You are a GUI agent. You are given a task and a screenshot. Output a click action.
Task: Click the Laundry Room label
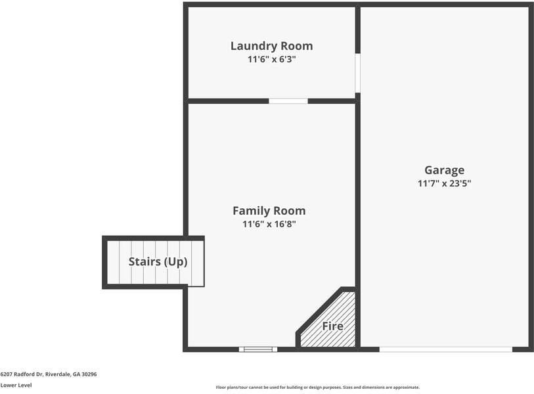(x=271, y=46)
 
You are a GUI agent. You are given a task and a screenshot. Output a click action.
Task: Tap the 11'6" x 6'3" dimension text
(x=271, y=59)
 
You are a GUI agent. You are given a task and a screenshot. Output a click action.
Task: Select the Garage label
(x=444, y=170)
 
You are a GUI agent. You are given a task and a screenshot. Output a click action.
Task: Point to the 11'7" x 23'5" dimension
(x=444, y=184)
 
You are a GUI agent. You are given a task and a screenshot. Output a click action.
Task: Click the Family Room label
(x=269, y=211)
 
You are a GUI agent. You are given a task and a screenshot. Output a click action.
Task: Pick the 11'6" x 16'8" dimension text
(x=269, y=224)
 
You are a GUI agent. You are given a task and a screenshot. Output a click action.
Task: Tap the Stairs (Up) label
(x=158, y=261)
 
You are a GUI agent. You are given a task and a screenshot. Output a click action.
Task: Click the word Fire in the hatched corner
(x=332, y=326)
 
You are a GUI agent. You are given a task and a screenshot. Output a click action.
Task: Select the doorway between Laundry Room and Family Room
(x=288, y=101)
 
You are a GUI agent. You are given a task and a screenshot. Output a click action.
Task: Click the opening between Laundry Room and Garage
(x=358, y=72)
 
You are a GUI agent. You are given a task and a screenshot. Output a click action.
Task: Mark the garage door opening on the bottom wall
(x=445, y=349)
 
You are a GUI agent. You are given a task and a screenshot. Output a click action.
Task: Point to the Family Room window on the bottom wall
(x=258, y=349)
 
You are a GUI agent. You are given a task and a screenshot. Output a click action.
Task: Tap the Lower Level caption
(x=16, y=385)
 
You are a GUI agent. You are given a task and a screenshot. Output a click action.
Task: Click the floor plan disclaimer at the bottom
(x=318, y=387)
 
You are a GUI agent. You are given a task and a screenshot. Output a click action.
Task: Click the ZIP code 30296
(x=89, y=374)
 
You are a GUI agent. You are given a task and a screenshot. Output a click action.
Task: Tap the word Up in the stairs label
(x=176, y=261)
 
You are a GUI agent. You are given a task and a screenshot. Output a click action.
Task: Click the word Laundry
(x=254, y=46)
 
